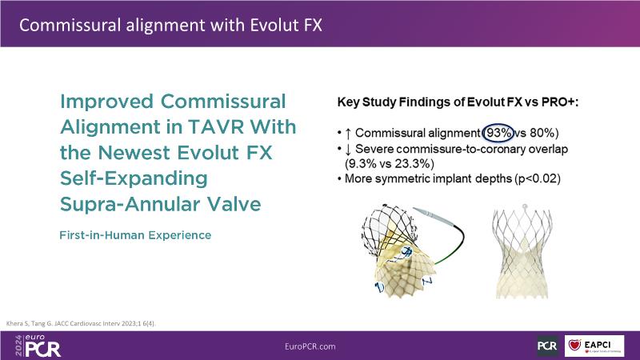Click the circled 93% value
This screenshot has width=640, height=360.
pos(498,133)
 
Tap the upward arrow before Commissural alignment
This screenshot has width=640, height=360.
pos(348,133)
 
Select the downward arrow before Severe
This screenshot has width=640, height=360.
pos(348,150)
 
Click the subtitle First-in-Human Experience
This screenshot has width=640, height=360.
pos(135,235)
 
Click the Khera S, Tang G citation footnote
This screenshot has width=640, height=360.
pos(81,324)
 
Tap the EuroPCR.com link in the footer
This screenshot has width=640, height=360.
pos(310,346)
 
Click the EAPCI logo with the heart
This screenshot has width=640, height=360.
pos(594,346)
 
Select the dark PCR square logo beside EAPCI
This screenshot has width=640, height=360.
pos(547,346)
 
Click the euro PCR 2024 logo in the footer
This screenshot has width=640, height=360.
pos(38,346)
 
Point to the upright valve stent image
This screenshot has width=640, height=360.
pos(522,251)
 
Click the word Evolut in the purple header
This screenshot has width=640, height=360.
pos(274,26)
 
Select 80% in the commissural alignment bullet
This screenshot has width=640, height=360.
pos(542,133)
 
